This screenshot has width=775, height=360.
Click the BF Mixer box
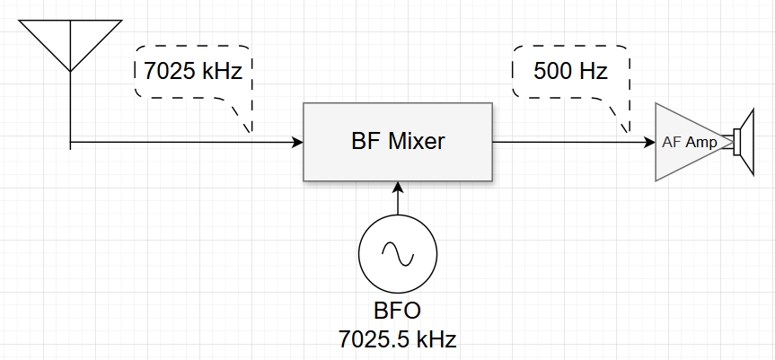(x=398, y=142)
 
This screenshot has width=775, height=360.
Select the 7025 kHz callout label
(x=193, y=71)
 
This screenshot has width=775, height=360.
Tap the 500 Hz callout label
(x=570, y=71)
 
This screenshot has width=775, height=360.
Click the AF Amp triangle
(x=687, y=142)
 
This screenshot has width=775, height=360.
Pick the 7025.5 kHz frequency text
(x=397, y=339)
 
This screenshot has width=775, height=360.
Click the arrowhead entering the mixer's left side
(x=297, y=142)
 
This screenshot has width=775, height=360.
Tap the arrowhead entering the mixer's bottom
(x=398, y=187)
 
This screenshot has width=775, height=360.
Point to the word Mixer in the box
(x=418, y=142)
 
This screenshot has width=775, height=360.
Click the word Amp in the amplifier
(x=703, y=142)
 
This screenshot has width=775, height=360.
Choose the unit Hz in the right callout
(x=589, y=71)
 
